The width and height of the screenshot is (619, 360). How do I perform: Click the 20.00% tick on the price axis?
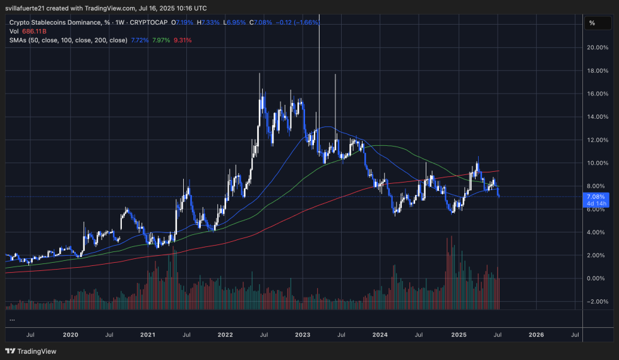tap(597, 47)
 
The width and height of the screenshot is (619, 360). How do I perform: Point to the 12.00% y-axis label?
tap(597, 140)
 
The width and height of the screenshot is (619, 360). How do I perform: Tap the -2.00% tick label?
tap(596, 301)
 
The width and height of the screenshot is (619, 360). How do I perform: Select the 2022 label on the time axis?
tap(225, 335)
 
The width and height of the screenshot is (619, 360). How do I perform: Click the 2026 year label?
tap(536, 335)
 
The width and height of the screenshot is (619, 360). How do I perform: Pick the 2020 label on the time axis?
tap(70, 335)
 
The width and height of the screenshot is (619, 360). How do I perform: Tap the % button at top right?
tap(592, 23)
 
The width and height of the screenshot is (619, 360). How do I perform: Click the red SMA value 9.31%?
tap(182, 40)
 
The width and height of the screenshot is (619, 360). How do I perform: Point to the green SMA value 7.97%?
tap(161, 40)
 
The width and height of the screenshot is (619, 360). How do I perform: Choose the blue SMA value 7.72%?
tap(140, 40)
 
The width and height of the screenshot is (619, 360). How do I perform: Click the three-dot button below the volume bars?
tap(12, 320)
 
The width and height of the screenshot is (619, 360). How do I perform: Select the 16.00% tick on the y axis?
tap(597, 93)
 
